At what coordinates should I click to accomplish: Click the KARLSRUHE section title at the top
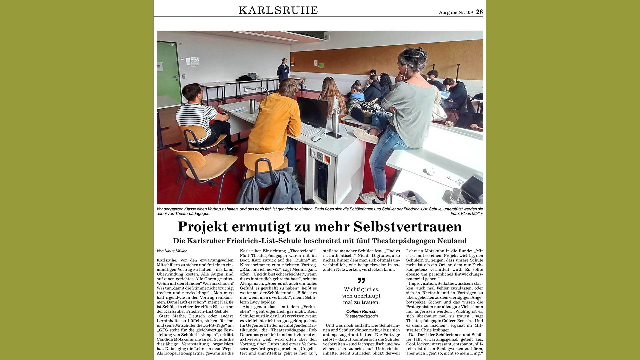click(278, 10)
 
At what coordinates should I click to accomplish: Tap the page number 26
click(479, 12)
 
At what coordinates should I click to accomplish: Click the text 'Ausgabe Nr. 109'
click(456, 12)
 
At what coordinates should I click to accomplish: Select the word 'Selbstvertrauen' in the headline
click(407, 227)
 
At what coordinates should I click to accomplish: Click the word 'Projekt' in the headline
click(203, 227)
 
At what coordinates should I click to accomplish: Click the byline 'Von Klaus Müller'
click(172, 251)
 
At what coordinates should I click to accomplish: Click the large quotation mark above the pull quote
click(361, 280)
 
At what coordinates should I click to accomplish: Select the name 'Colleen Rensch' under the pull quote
click(361, 311)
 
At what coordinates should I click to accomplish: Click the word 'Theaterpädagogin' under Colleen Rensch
click(361, 316)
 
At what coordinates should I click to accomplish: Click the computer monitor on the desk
click(312, 112)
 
